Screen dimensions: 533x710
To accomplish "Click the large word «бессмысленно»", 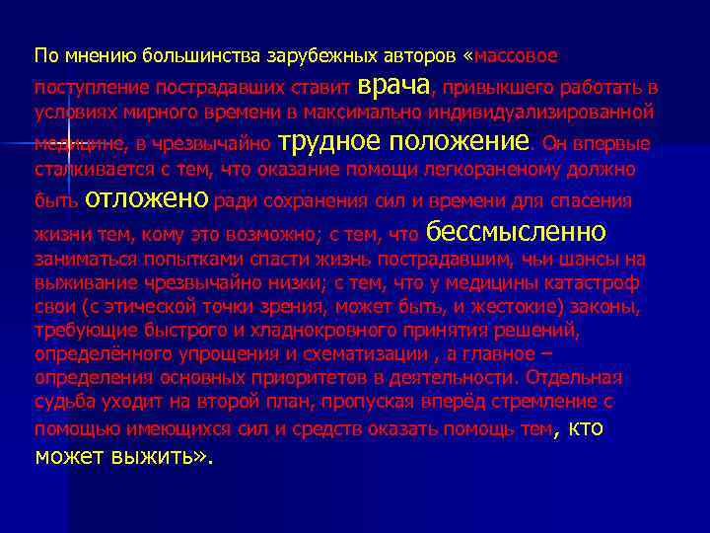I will [516, 232].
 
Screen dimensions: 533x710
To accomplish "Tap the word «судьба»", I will [61, 402].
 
